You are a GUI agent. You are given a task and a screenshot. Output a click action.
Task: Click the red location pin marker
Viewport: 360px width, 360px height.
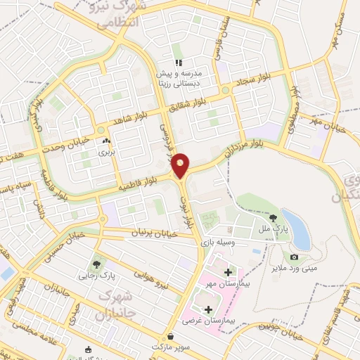coord(181,165)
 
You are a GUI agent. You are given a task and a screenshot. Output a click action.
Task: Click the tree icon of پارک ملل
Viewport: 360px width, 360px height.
coord(272,211)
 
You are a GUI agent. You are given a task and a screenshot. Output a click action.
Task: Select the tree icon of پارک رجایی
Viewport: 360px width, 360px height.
coord(96,264)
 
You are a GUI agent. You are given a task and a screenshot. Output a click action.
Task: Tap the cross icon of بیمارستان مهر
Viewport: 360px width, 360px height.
coord(227,271)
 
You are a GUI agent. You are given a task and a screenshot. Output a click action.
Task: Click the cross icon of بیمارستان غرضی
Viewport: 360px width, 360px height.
coord(207,309)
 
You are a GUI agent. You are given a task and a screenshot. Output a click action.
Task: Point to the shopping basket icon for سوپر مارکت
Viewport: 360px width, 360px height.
coord(169,336)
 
